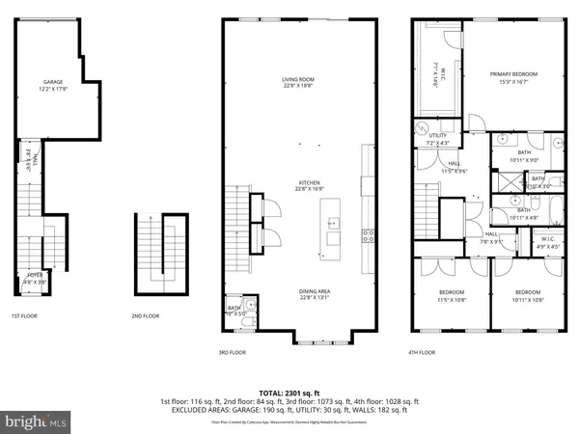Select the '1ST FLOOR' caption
25,315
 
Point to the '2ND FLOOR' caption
146,315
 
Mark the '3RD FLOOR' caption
234,353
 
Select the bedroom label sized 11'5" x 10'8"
451,295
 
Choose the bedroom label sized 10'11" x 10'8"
526,295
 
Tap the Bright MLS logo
36,420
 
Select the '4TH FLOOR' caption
421,353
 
